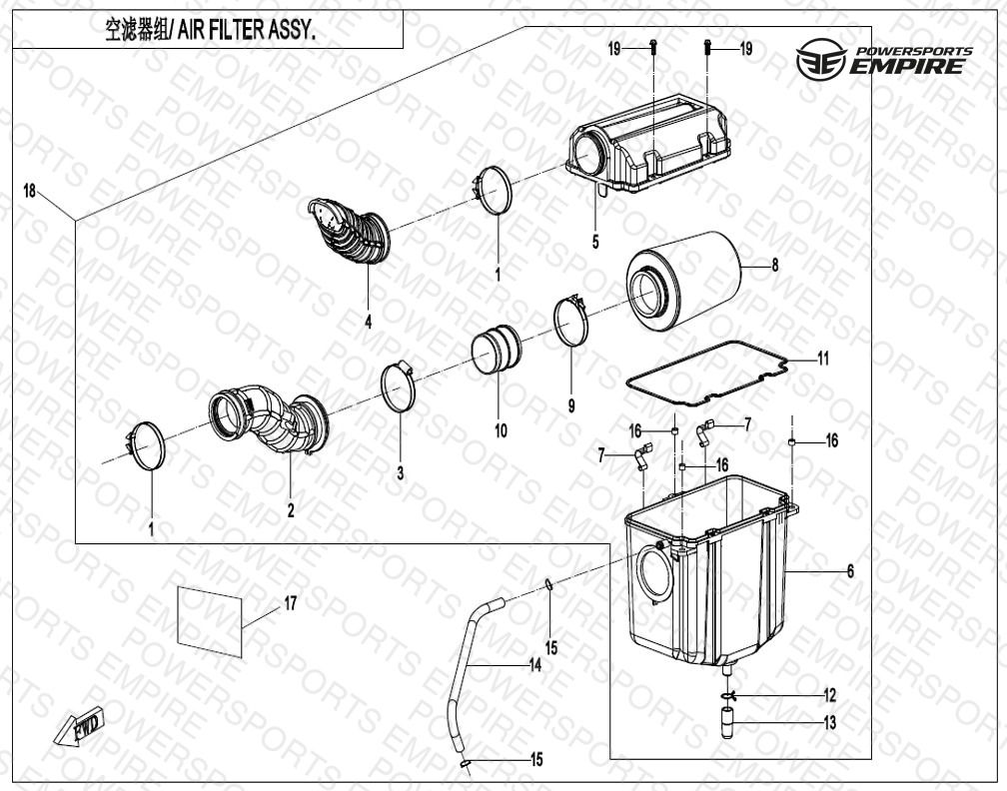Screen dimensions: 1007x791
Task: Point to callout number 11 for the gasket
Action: coord(823,359)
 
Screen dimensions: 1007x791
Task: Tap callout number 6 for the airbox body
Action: coord(850,570)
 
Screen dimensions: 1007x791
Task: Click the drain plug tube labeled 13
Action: coord(727,723)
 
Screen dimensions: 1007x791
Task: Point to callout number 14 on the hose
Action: coord(535,666)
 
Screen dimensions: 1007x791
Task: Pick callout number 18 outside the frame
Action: coord(30,191)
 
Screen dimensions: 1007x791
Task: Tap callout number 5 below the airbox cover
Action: coord(595,242)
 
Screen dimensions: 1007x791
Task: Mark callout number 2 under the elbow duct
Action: coord(291,510)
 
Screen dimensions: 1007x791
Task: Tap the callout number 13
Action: coord(830,723)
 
